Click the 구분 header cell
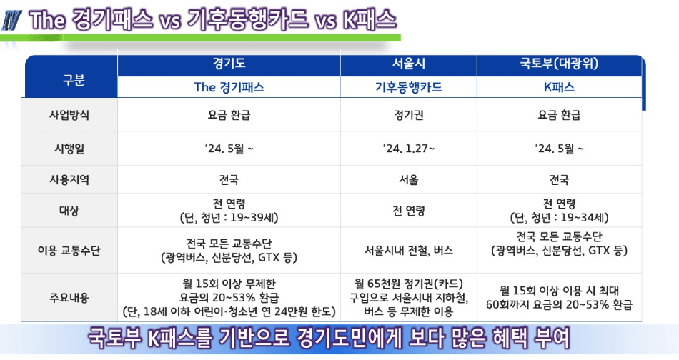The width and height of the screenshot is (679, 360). [x=69, y=79]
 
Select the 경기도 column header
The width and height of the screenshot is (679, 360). [x=229, y=64]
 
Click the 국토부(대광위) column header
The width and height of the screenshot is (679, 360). [x=559, y=64]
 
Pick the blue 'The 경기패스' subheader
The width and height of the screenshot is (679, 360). [x=229, y=88]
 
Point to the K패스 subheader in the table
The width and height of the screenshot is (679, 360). [x=559, y=88]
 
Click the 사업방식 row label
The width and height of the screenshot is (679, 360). [x=69, y=114]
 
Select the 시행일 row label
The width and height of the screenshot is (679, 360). [x=69, y=149]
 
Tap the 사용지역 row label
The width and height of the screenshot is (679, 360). [x=69, y=180]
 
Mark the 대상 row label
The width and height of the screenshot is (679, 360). [x=69, y=211]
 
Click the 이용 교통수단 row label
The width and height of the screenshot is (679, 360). [x=69, y=251]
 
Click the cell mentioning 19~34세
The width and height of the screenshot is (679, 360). [x=559, y=211]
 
